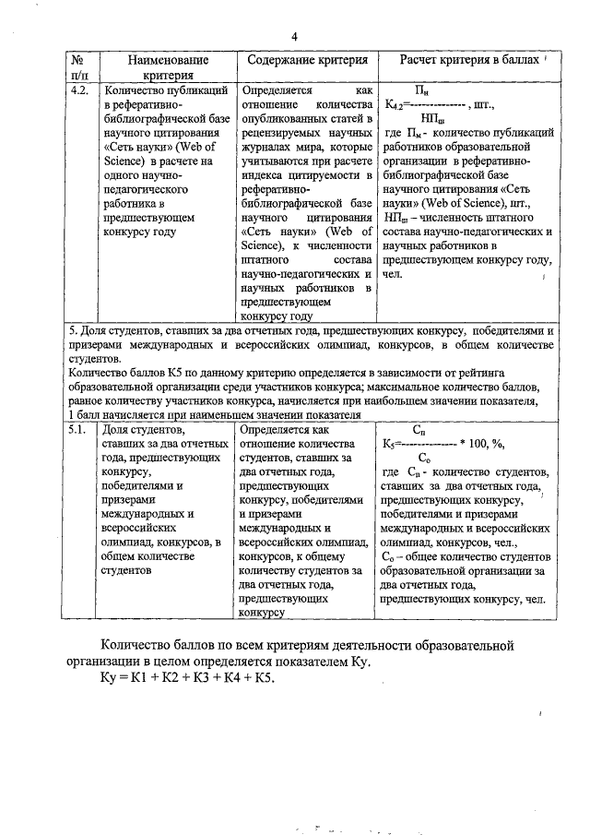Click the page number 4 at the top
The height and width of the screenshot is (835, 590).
[x=294, y=37]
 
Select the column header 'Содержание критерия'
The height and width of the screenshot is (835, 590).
[x=308, y=60]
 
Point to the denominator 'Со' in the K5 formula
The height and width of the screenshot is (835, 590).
[x=423, y=458]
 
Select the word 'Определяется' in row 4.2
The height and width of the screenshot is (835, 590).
[x=276, y=91]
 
